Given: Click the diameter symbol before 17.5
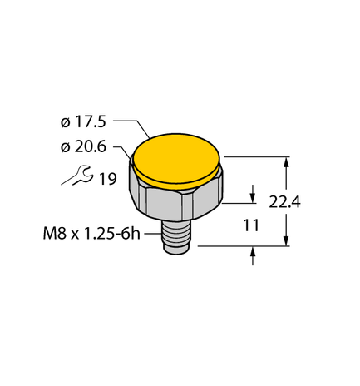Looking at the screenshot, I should pyautogui.click(x=65, y=122).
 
